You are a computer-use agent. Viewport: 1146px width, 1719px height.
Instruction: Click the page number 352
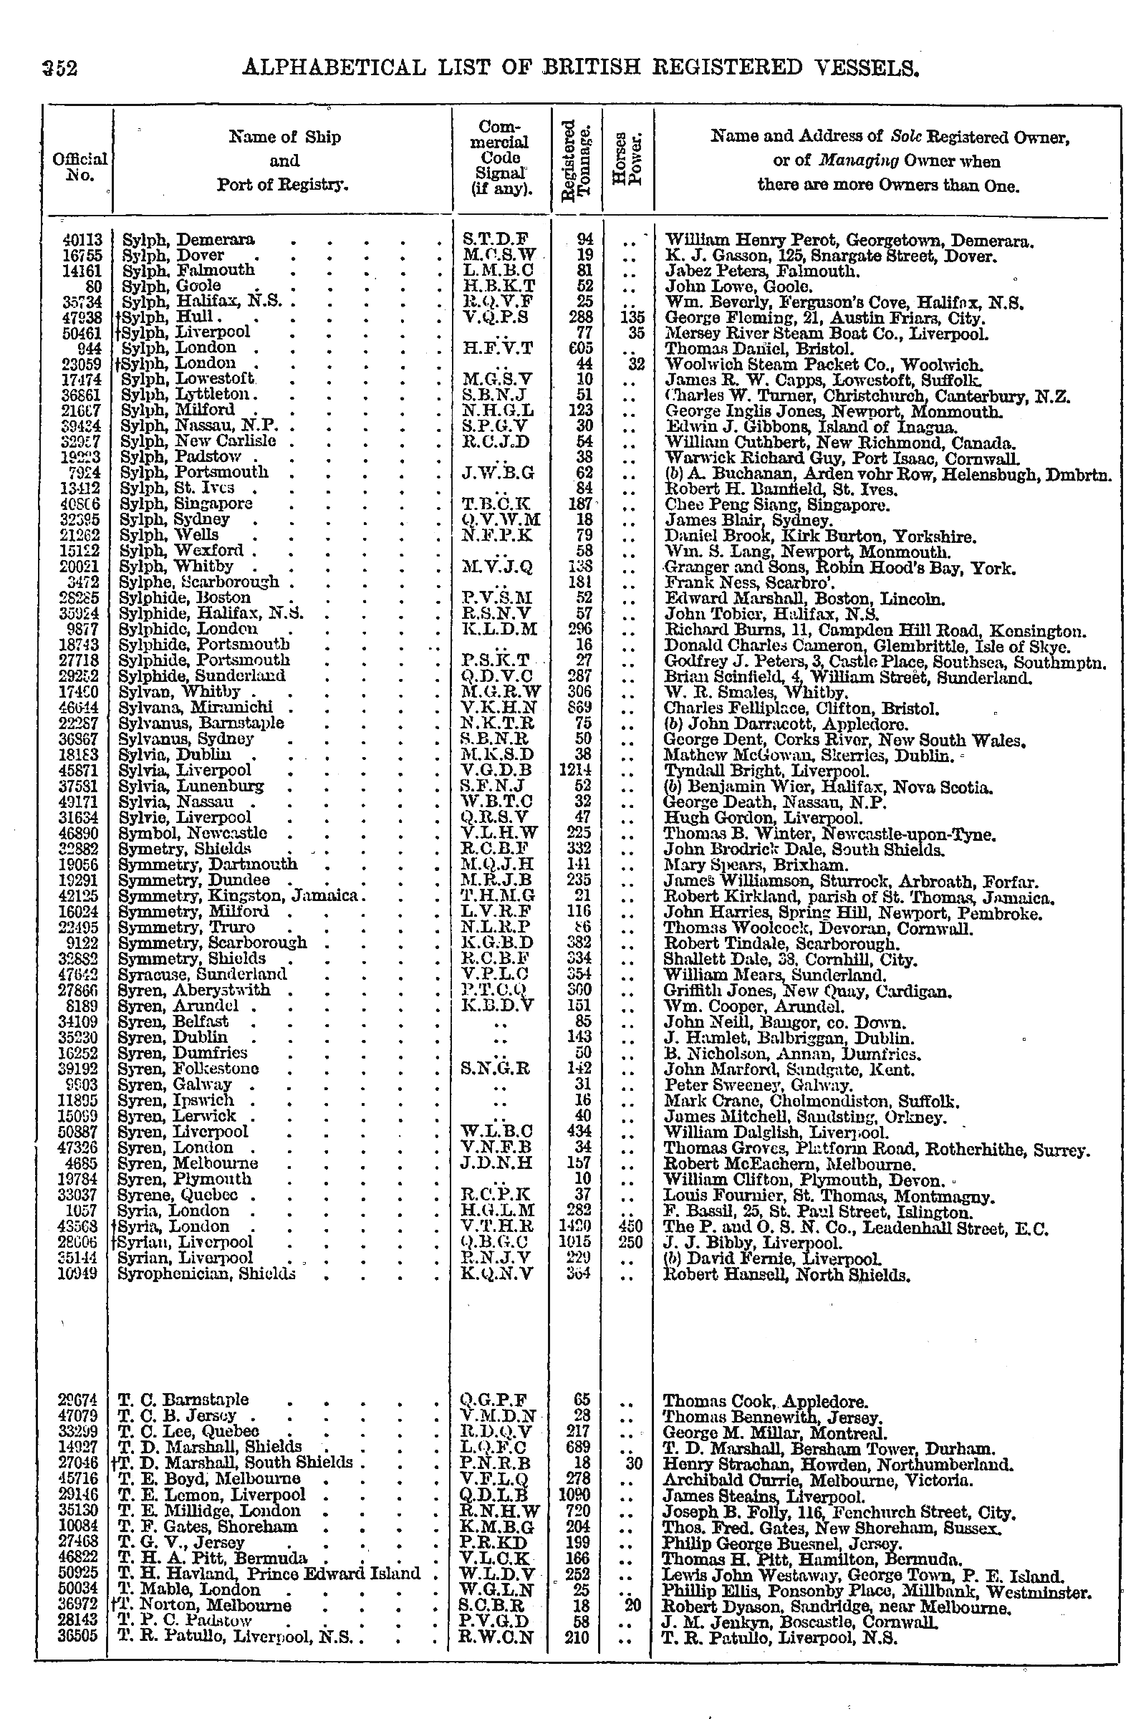point(59,68)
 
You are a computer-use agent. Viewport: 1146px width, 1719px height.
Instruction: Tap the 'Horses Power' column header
point(628,159)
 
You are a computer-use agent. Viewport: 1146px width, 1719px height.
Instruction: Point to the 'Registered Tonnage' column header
point(576,159)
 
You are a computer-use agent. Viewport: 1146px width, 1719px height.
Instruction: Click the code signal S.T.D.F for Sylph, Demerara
point(495,240)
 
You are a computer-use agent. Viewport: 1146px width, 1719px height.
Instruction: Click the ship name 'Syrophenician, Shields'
point(207,1273)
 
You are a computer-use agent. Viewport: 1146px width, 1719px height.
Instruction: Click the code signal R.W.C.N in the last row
point(497,1638)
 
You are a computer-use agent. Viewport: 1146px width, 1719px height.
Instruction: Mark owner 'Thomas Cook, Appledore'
point(765,1400)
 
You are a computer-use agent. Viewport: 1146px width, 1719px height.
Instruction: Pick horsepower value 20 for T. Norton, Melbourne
point(632,1606)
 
